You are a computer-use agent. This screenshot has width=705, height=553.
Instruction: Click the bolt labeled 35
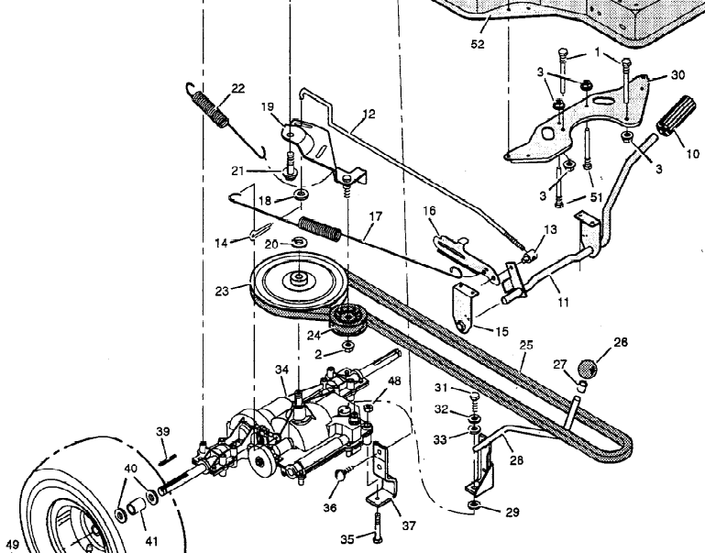click(x=377, y=529)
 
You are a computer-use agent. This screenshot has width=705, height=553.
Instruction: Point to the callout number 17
click(x=375, y=218)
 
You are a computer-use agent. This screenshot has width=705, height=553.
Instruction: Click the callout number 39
click(x=163, y=431)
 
